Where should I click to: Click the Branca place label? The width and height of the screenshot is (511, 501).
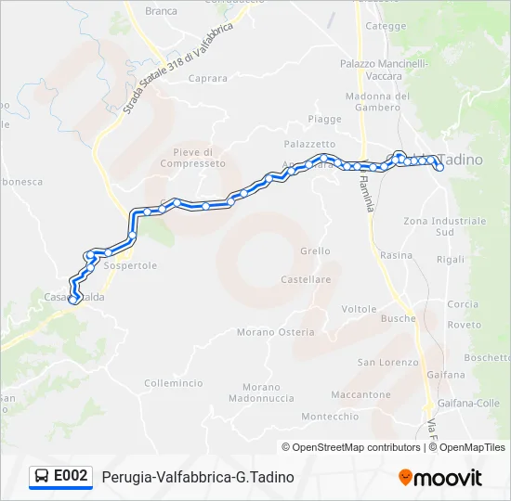pos(161,11)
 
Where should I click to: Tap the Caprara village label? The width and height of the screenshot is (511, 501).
pos(208,79)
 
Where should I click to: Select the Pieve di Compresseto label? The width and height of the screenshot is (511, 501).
pos(192,158)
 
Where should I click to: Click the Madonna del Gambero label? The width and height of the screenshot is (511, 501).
pos(377,101)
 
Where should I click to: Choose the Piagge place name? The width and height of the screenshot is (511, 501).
pos(325,120)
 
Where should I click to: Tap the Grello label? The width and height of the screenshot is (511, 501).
pos(315,251)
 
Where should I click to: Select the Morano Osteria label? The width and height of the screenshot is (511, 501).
pos(275,332)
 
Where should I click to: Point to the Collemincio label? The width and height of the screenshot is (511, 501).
pos(174,382)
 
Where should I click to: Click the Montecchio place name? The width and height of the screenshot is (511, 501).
pos(330,417)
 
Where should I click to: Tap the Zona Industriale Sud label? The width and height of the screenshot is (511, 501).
pos(445,226)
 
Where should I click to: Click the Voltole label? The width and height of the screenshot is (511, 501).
pos(359,309)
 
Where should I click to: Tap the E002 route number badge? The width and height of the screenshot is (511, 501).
pos(71,476)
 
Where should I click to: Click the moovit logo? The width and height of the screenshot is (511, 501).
pos(440,478)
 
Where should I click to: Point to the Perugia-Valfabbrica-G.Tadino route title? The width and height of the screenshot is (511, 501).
pos(198,477)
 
